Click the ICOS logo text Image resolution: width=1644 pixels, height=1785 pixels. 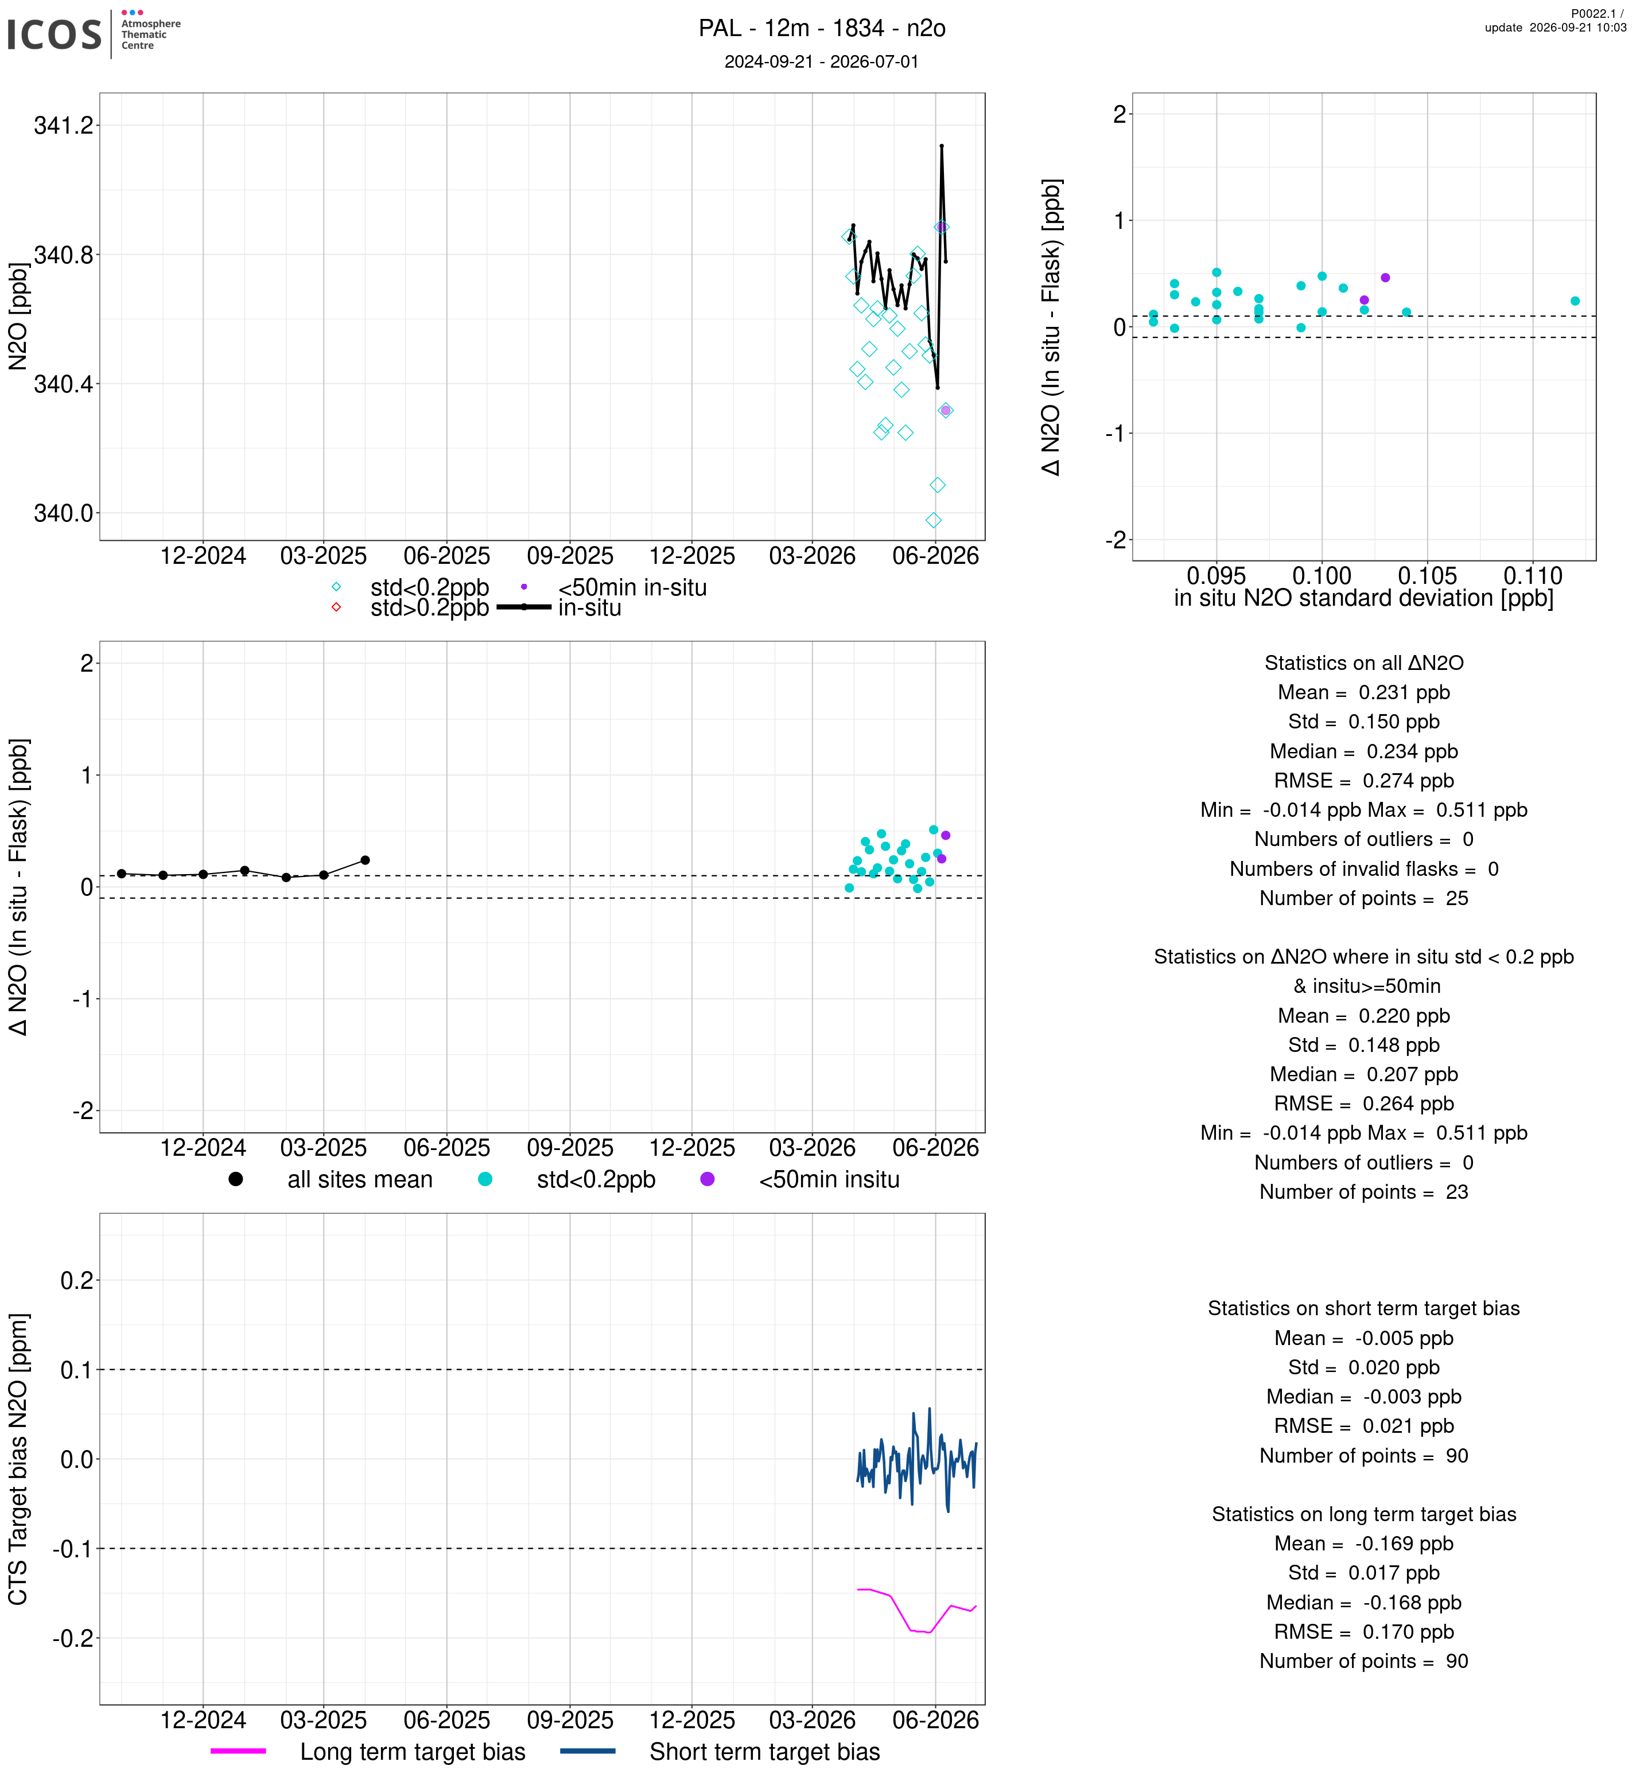[x=55, y=34]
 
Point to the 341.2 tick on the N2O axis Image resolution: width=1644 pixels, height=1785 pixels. [x=63, y=126]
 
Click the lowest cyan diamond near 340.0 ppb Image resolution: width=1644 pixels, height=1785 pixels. [x=933, y=520]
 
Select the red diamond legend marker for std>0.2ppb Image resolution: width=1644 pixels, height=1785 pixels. [x=336, y=607]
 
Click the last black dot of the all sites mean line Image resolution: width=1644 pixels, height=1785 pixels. [x=365, y=860]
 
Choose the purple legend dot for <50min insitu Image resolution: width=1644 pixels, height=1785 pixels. [x=708, y=1179]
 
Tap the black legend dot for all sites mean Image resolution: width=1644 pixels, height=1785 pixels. [x=236, y=1179]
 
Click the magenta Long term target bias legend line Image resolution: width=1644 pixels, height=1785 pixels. [x=238, y=1751]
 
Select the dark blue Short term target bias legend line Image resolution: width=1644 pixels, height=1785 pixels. [x=588, y=1751]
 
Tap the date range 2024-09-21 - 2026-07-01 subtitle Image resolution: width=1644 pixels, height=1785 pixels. [x=821, y=61]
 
